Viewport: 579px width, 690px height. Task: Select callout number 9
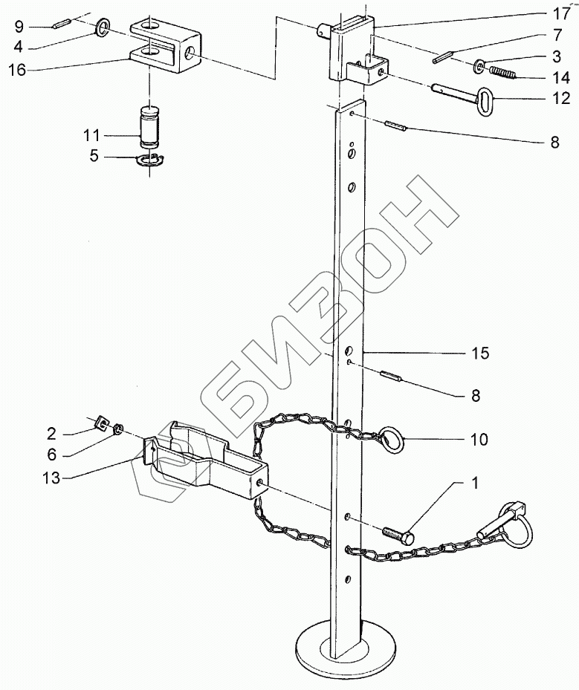click(x=18, y=27)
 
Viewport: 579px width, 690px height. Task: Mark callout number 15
click(x=481, y=354)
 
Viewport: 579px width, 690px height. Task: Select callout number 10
click(x=479, y=440)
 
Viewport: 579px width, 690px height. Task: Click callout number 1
click(x=474, y=484)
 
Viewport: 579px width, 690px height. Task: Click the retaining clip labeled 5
click(x=153, y=160)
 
